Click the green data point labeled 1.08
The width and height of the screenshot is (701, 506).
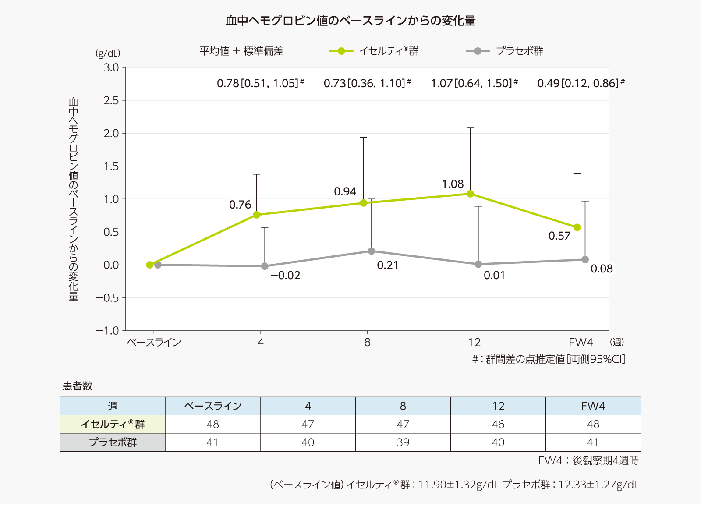(470, 194)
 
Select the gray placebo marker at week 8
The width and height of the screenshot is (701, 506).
(372, 251)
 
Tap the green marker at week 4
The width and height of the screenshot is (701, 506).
(257, 215)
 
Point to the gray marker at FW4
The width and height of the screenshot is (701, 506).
(585, 259)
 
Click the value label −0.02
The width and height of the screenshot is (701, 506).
(285, 276)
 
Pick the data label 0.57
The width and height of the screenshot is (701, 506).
(559, 236)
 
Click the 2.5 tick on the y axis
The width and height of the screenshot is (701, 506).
(111, 100)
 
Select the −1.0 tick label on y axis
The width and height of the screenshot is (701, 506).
(107, 331)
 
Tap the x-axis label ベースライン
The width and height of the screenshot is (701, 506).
(154, 343)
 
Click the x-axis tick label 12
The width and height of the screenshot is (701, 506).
(474, 343)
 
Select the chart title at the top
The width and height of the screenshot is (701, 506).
(350, 21)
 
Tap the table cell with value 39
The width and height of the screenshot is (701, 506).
(403, 442)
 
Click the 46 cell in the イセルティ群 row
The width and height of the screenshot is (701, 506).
(498, 425)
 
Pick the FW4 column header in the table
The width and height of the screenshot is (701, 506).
(593, 406)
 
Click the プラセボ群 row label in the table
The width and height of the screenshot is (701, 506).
(113, 442)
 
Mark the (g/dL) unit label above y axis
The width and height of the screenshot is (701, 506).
(108, 53)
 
